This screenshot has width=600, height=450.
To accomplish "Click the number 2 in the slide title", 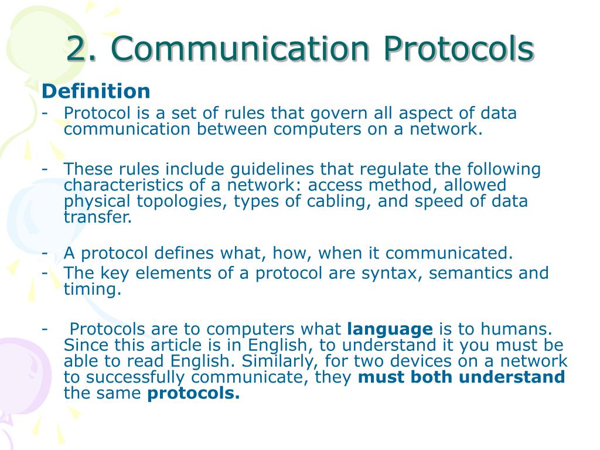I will [x=76, y=49].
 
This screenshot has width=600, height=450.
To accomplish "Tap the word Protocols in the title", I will [x=459, y=49].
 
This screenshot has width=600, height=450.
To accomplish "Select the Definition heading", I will [x=96, y=91].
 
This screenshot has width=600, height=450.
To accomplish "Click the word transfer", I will [x=97, y=218].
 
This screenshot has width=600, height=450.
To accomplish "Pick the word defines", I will [x=186, y=253].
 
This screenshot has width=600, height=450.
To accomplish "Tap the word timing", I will [x=92, y=289].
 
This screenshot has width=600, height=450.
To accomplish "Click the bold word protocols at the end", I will [x=193, y=394].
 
